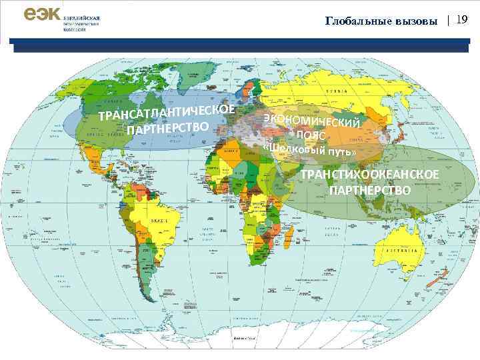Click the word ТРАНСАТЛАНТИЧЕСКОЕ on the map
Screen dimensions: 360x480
coord(166,113)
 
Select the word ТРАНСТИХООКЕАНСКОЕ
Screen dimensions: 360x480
coord(370,175)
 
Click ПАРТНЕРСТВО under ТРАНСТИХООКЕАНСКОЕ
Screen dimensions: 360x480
coord(370,190)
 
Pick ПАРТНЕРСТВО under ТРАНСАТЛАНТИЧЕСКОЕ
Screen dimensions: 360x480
coord(169,127)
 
